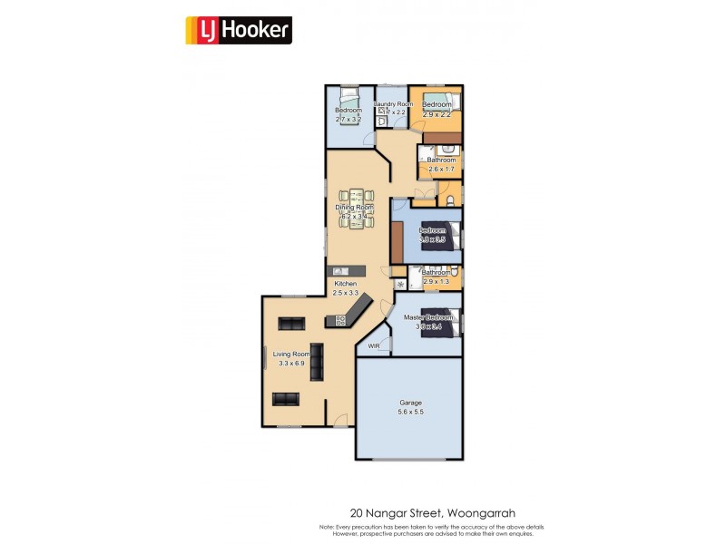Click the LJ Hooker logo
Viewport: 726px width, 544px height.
coord(239,31)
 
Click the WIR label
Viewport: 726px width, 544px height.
coord(374,346)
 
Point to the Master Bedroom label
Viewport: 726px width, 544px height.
coord(427,317)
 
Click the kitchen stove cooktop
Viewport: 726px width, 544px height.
coord(341,319)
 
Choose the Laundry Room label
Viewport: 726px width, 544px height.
coord(393,104)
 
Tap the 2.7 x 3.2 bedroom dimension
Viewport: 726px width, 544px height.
coord(348,119)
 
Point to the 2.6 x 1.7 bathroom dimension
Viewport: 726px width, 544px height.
coord(440,169)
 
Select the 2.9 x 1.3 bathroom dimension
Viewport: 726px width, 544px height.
coord(436,281)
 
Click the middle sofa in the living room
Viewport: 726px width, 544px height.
coord(317,365)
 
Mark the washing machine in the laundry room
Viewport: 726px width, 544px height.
coord(384,121)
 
